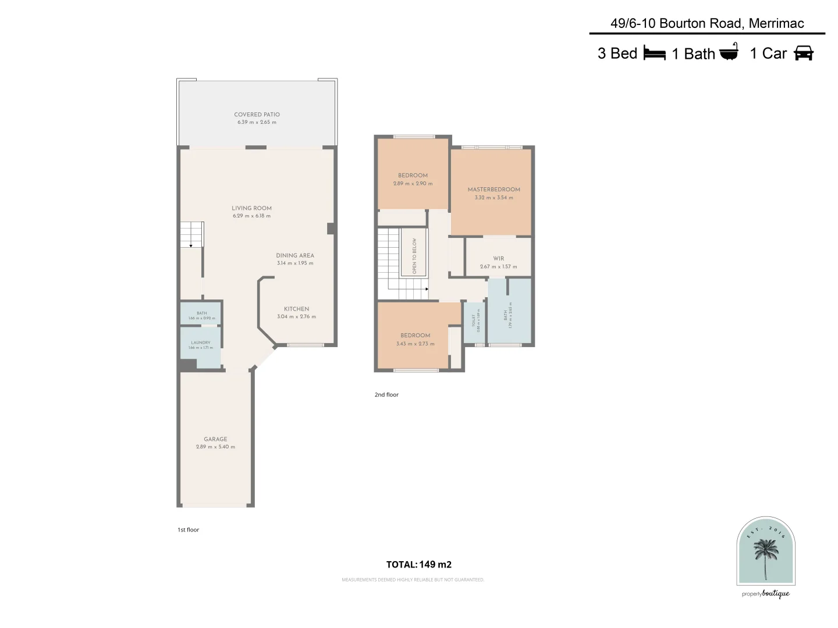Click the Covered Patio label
pyautogui.click(x=257, y=115)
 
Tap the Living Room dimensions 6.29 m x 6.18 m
pyautogui.click(x=251, y=216)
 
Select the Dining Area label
pyautogui.click(x=294, y=255)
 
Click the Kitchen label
pyautogui.click(x=296, y=309)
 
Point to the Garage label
pyautogui.click(x=215, y=439)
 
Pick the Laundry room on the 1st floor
pyautogui.click(x=200, y=347)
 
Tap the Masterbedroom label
pyautogui.click(x=493, y=190)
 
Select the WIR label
pyautogui.click(x=498, y=259)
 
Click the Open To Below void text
pyautogui.click(x=414, y=256)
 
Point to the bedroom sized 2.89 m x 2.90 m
pyautogui.click(x=413, y=179)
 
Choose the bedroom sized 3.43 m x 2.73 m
pyautogui.click(x=415, y=339)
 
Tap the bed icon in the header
pyautogui.click(x=654, y=53)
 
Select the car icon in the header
pyautogui.click(x=803, y=53)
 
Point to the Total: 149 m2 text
pyautogui.click(x=419, y=564)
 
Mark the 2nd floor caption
pyautogui.click(x=386, y=395)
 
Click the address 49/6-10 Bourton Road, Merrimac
pyautogui.click(x=707, y=23)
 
